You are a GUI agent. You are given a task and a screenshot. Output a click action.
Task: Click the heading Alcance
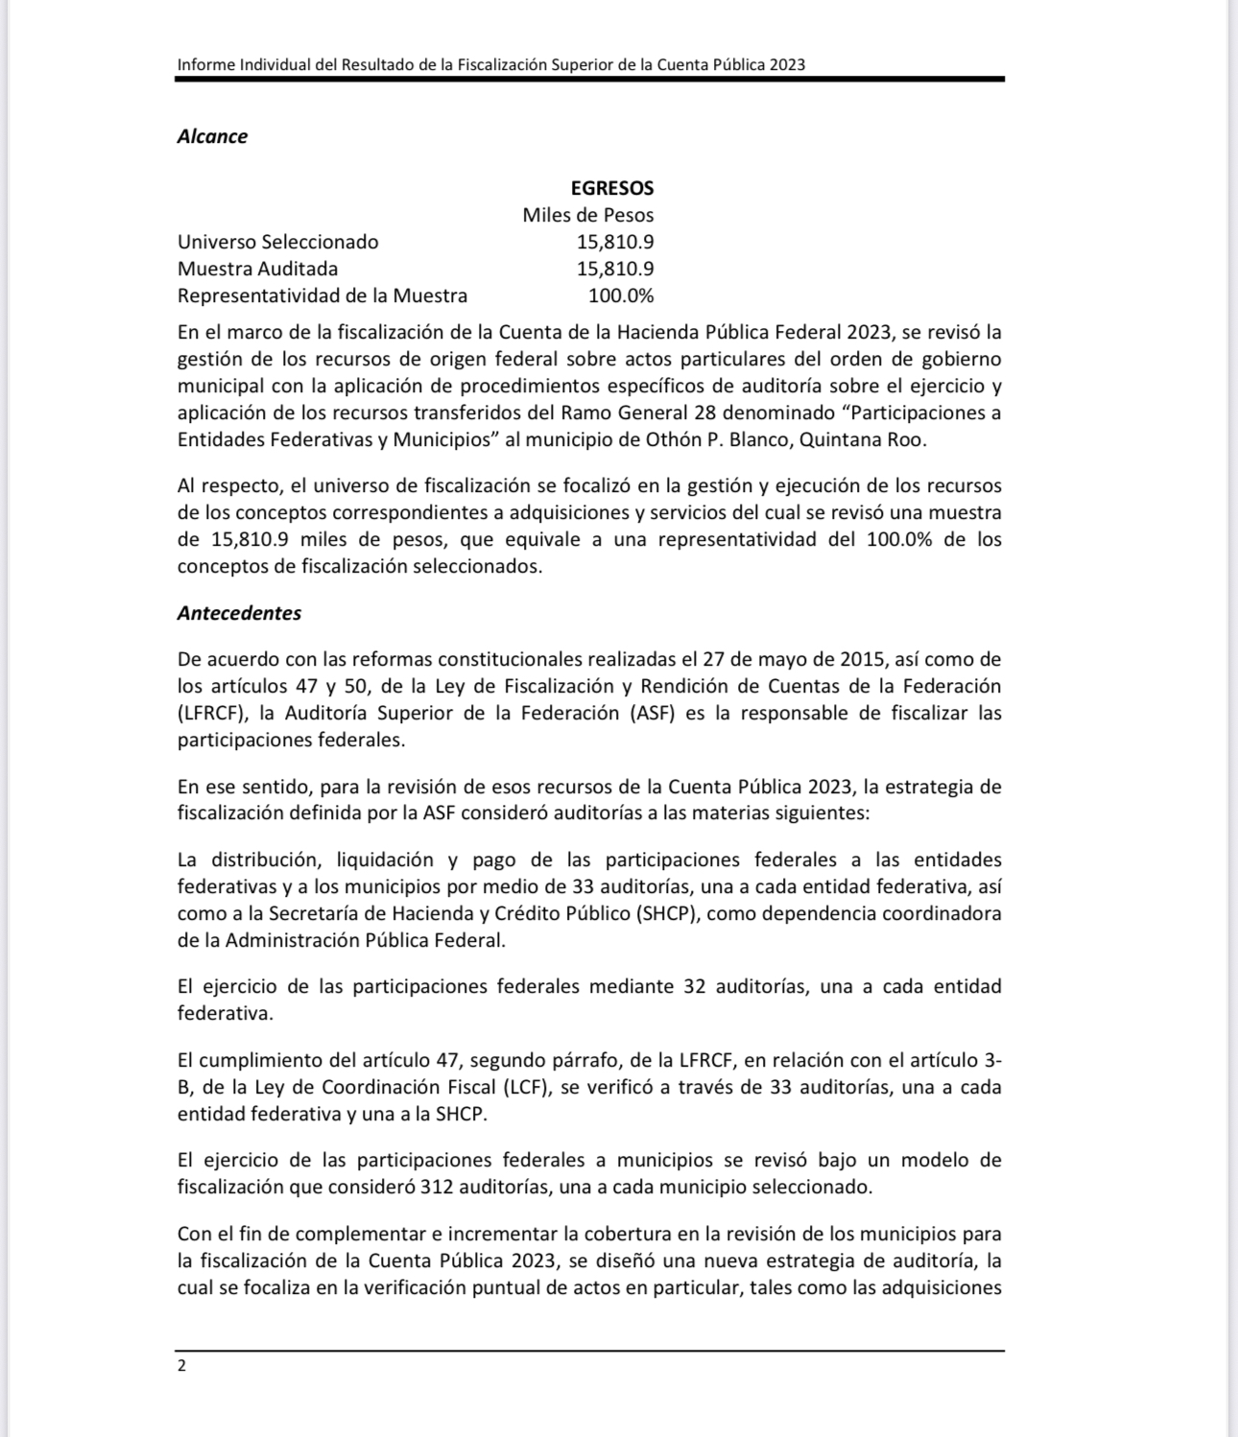coord(212,136)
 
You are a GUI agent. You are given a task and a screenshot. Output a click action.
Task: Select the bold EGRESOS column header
coord(612,188)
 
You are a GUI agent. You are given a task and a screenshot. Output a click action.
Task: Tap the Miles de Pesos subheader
coord(587,215)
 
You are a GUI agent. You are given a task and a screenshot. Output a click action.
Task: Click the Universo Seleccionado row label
coord(277,242)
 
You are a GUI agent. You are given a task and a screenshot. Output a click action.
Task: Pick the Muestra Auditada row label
coord(257,269)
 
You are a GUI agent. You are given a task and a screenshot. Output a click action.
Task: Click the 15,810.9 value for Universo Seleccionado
coord(615,242)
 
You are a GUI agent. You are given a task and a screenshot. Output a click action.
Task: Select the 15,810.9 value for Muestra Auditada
coord(615,269)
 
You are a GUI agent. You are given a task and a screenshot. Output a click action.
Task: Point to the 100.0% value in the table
coord(621,295)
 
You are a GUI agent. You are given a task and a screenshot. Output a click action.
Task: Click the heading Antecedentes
coord(239,613)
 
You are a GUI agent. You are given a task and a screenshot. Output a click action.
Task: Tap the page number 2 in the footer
coord(182,1366)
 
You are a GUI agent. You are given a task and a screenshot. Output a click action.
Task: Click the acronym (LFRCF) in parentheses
coord(211,713)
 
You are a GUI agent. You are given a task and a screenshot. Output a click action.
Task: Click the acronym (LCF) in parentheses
coord(525,1087)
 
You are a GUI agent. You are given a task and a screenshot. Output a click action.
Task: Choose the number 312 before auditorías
coord(437,1187)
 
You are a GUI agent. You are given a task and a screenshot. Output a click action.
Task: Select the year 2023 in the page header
coord(785,65)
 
